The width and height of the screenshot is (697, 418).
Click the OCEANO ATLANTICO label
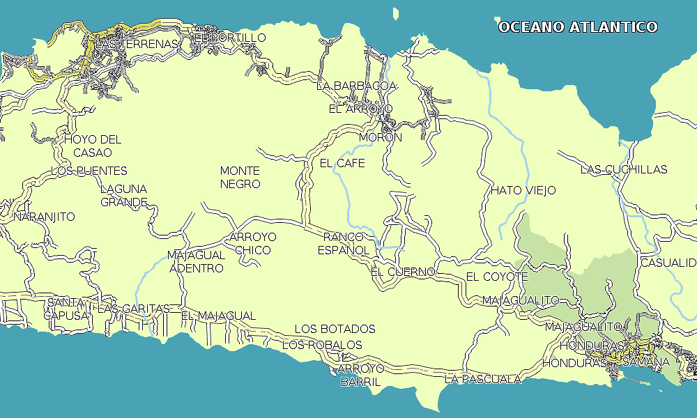578,27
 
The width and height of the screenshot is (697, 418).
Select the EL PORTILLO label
229,37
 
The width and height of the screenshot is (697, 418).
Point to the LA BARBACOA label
356,86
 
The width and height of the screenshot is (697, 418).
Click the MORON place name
381,137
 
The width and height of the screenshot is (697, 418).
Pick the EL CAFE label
342,163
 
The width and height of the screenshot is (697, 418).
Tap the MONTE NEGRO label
240,178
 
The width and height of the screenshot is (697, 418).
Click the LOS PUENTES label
89,171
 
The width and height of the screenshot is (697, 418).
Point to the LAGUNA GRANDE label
124,196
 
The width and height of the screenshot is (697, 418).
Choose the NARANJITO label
44,217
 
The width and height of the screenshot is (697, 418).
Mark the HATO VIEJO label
523,190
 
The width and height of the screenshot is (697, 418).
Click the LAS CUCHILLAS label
624,169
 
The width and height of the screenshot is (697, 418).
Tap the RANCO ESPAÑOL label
344,243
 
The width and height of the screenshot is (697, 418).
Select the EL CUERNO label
403,271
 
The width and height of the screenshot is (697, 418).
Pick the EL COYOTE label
497,277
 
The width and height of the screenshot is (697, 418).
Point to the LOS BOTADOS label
335,329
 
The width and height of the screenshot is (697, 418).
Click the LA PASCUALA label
483,379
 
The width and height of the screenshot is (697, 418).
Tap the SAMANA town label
646,362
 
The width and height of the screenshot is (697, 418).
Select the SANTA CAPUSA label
67,309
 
